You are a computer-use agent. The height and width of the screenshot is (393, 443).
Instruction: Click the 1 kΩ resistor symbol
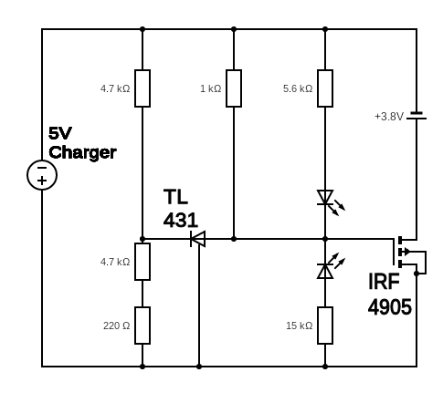234,88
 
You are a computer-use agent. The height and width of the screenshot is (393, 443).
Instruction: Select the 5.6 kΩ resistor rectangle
325,88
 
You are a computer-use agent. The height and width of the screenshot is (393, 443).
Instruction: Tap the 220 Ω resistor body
142,326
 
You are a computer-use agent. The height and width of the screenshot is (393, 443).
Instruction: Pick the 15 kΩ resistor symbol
325,326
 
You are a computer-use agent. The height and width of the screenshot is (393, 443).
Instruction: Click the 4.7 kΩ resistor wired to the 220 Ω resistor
142,262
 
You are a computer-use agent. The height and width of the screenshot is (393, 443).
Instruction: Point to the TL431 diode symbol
198,239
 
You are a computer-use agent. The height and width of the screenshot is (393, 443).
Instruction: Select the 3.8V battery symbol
417,116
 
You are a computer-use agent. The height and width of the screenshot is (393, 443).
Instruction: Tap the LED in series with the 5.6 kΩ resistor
331,202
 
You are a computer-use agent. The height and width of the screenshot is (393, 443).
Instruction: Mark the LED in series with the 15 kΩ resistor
331,266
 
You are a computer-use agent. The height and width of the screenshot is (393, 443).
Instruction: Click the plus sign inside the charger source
42,181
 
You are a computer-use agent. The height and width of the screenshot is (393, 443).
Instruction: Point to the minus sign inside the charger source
42,168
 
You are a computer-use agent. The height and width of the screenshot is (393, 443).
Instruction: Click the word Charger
82,153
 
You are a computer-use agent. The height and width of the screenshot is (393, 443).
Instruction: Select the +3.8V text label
389,117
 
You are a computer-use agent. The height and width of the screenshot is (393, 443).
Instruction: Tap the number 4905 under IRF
390,307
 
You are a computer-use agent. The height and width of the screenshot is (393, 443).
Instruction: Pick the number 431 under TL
181,221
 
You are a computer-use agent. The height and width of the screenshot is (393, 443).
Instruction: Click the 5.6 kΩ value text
298,88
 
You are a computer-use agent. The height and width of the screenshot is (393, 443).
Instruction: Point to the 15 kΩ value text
300,326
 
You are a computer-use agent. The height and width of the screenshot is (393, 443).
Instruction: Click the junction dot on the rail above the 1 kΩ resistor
234,29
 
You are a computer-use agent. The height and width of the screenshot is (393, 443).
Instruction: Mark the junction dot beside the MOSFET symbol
417,274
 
